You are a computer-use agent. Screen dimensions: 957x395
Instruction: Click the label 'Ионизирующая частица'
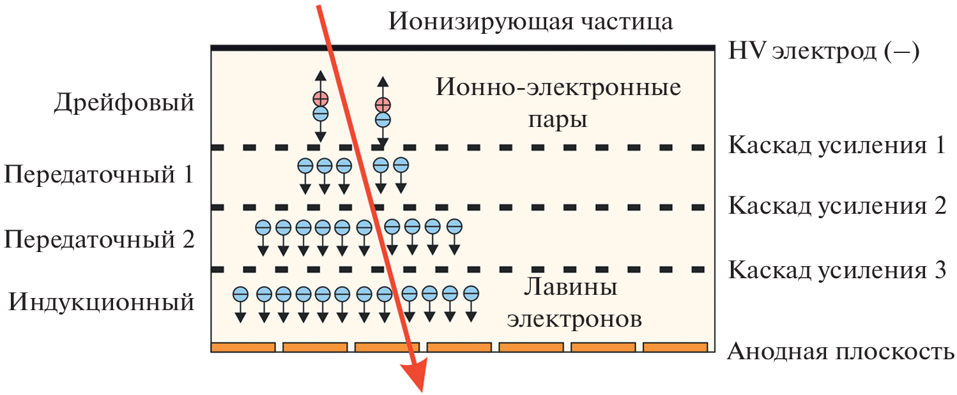click(530, 21)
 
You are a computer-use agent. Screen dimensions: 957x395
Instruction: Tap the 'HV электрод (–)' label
click(823, 52)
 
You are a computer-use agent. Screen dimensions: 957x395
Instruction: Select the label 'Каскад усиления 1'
click(836, 145)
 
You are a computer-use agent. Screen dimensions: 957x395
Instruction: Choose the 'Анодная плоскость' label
click(840, 352)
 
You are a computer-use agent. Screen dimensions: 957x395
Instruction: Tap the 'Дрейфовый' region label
click(124, 103)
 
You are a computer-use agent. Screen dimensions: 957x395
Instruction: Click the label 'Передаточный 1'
click(99, 174)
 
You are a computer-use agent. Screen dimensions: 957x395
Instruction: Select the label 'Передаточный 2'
click(99, 239)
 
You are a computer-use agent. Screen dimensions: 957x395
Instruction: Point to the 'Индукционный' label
click(102, 302)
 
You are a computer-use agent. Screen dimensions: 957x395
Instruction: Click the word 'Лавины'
click(570, 287)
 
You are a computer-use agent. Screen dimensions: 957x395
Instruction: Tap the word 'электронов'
click(574, 319)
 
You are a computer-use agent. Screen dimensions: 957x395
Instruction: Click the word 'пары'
click(558, 120)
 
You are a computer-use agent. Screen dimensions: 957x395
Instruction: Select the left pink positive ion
click(321, 99)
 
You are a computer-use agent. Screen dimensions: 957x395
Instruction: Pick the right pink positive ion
click(383, 105)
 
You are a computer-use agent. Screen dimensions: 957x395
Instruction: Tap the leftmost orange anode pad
click(243, 347)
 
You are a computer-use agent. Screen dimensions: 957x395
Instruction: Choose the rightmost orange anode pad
click(675, 347)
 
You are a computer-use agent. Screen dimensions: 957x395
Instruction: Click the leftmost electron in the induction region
click(241, 294)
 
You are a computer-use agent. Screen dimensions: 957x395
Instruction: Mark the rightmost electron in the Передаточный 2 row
click(454, 227)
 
